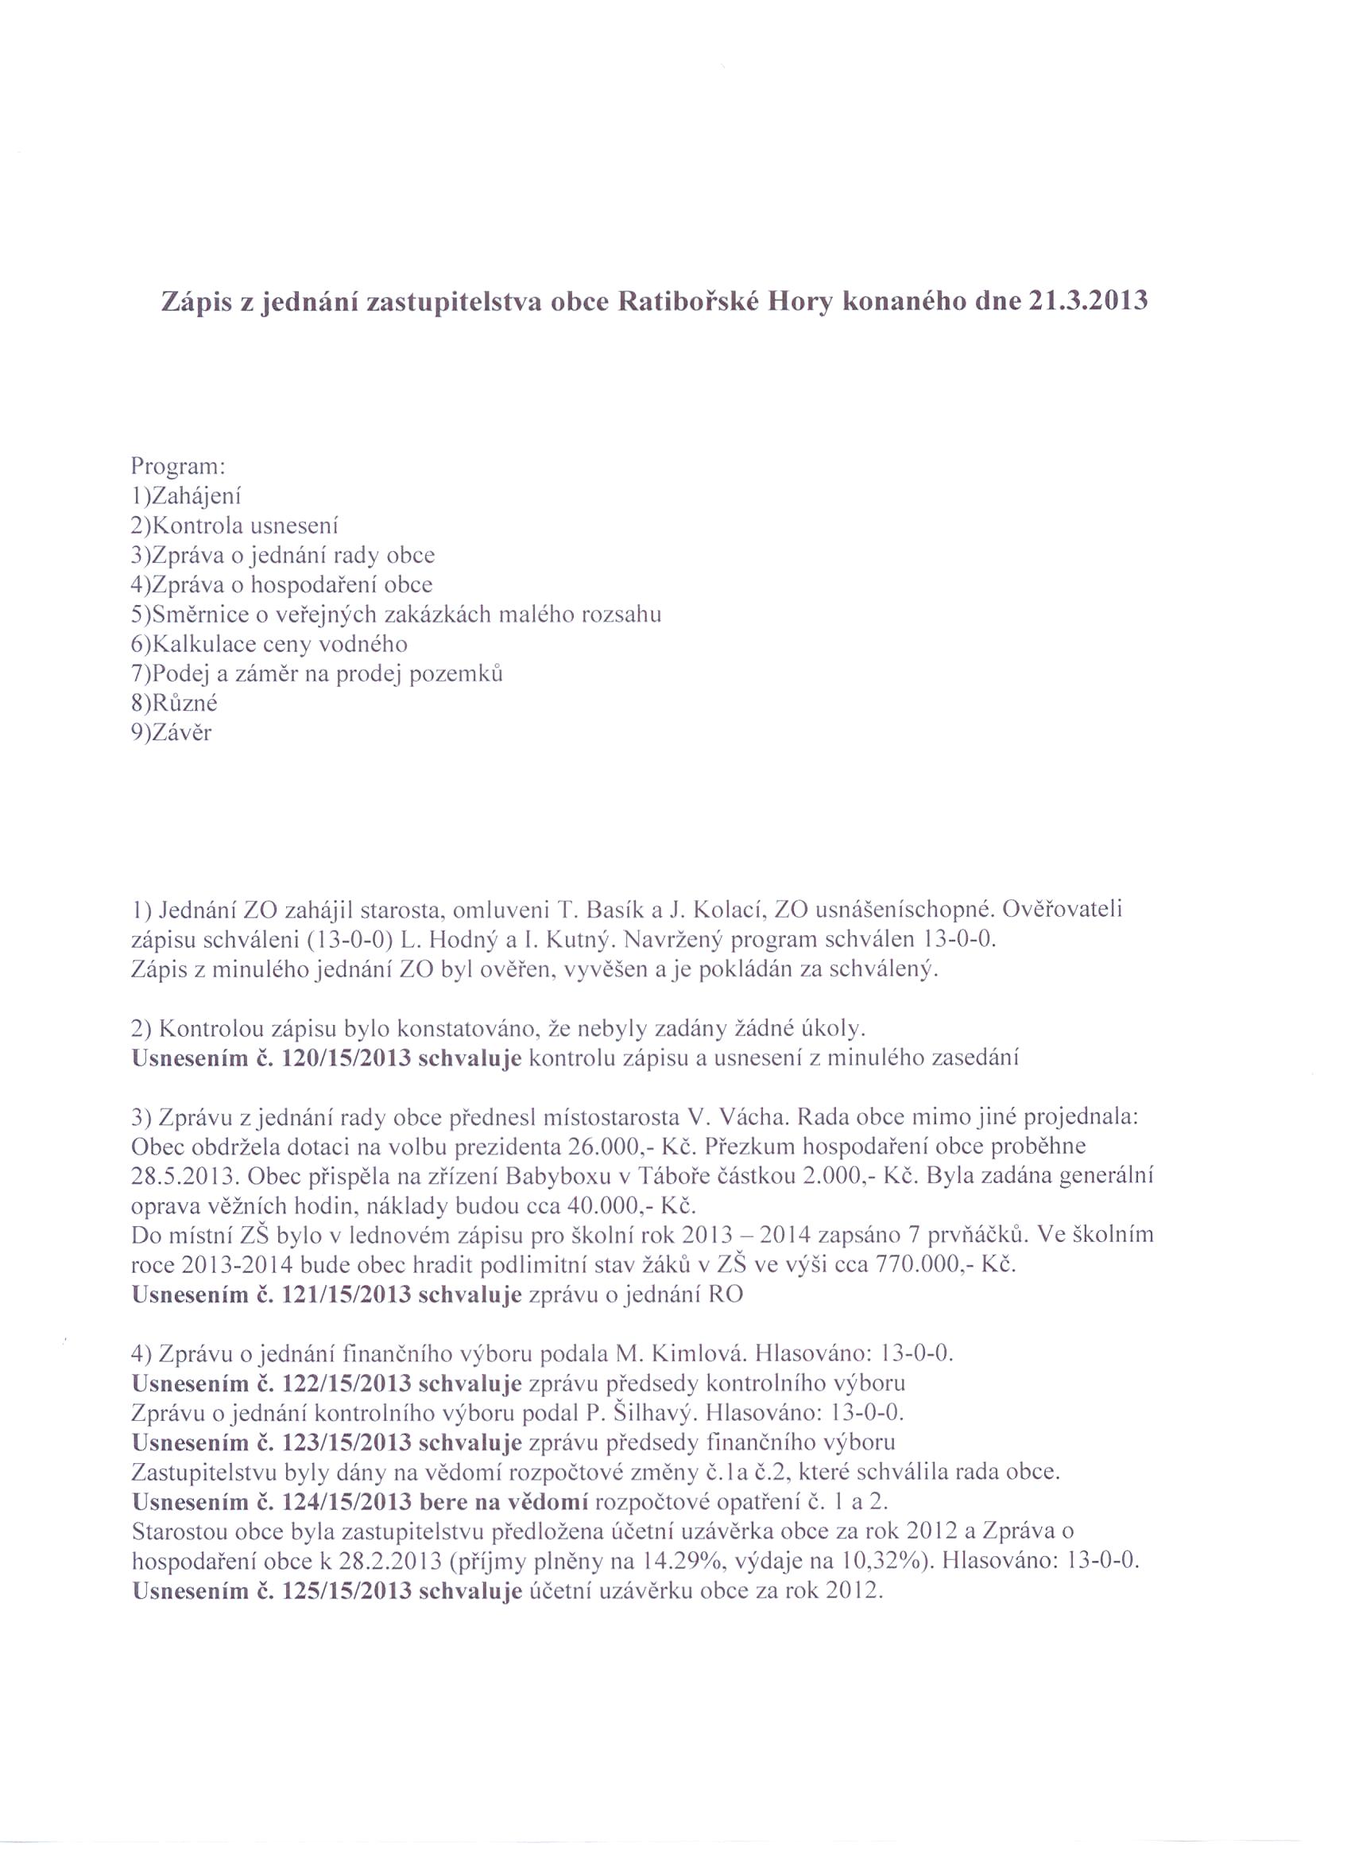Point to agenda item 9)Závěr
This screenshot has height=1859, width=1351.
pyautogui.click(x=171, y=733)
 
